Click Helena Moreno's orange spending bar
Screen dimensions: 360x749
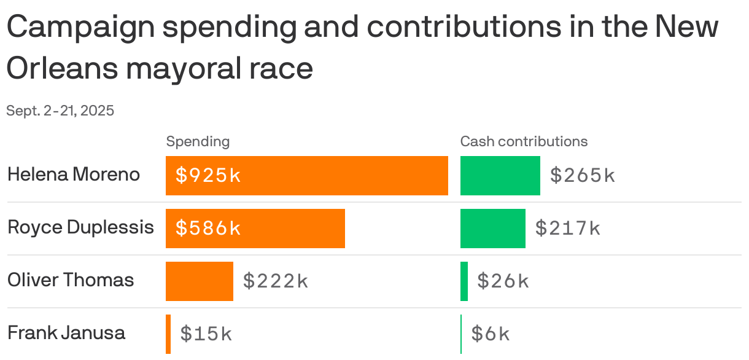tap(344, 176)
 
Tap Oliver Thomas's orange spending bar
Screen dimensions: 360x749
tap(200, 281)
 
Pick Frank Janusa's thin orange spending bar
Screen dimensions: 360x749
tap(168, 334)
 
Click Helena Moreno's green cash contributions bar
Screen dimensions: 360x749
tap(500, 176)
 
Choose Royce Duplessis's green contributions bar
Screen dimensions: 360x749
tap(492, 229)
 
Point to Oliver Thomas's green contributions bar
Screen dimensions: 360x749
tap(464, 281)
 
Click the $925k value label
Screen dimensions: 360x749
tap(208, 176)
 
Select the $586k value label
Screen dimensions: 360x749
tap(208, 229)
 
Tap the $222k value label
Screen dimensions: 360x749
tap(276, 281)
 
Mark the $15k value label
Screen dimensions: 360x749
tap(206, 334)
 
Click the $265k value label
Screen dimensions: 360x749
tap(583, 176)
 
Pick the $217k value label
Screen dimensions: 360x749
tap(568, 229)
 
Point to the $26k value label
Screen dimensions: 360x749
tap(503, 281)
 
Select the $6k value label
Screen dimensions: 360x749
tap(491, 334)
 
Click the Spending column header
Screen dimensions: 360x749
tap(198, 141)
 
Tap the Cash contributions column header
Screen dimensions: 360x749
tap(524, 141)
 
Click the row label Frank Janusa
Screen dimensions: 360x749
tap(66, 333)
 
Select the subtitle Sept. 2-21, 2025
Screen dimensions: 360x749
tap(60, 111)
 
